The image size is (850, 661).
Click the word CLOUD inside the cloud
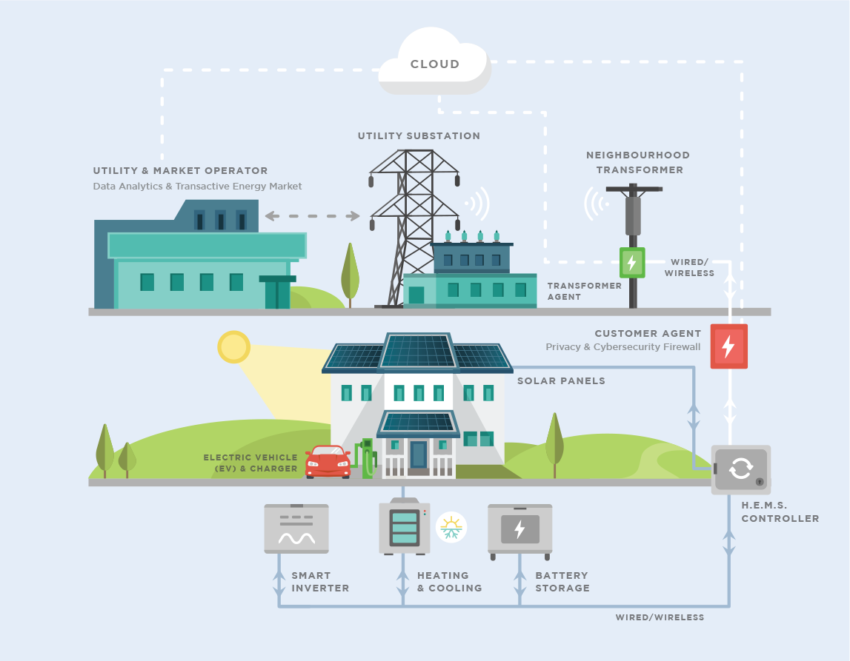coord(435,64)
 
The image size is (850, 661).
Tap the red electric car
coord(328,462)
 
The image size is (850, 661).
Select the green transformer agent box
coord(632,263)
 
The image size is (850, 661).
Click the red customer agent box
coord(729,346)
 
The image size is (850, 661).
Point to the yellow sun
coord(233,346)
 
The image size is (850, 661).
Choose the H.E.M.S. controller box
coord(741,469)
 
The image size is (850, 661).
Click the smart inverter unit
coord(296,529)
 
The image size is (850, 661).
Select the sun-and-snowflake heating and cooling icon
coord(451,527)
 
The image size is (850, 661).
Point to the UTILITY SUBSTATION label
coord(419,136)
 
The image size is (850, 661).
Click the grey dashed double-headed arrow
coord(312,216)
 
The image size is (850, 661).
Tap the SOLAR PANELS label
coord(561,380)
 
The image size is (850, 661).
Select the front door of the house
coord(419,454)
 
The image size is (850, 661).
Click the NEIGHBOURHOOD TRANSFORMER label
coord(638,162)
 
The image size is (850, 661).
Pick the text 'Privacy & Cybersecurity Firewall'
coord(622,347)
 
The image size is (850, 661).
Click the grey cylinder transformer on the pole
coord(633,215)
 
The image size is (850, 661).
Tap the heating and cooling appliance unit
coord(405,526)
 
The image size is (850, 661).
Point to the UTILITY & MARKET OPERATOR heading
coord(181,170)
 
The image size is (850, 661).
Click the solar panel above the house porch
coord(418,422)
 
